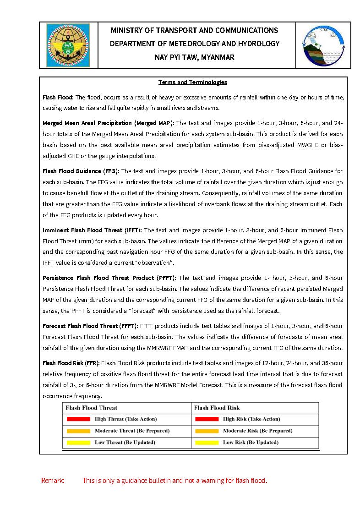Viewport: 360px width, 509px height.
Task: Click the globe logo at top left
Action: click(68, 45)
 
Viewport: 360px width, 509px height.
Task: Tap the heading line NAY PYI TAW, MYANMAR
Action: click(195, 57)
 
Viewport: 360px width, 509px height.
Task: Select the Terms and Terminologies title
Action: click(193, 82)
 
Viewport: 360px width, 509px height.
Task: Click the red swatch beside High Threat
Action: click(78, 419)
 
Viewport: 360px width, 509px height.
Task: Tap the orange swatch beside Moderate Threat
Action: click(78, 431)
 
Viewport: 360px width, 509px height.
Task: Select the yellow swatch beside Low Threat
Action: click(78, 443)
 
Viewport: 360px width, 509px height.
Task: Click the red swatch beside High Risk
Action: click(207, 419)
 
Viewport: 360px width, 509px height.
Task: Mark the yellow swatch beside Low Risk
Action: click(207, 443)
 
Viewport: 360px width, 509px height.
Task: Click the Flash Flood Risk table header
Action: click(217, 408)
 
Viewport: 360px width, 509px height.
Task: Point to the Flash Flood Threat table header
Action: click(92, 408)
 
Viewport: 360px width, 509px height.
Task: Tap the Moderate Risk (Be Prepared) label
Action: click(257, 431)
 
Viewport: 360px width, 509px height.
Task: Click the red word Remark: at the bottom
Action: click(53, 481)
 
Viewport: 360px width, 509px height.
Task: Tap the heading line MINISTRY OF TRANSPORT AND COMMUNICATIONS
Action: click(195, 30)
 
